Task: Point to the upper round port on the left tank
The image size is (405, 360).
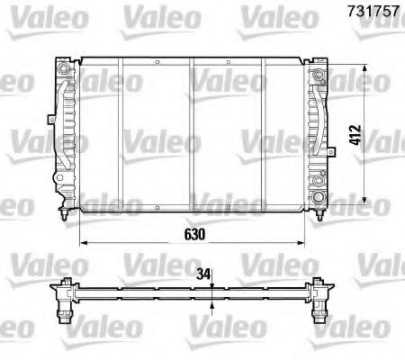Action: [x=63, y=70]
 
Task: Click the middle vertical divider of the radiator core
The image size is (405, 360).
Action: [x=192, y=135]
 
